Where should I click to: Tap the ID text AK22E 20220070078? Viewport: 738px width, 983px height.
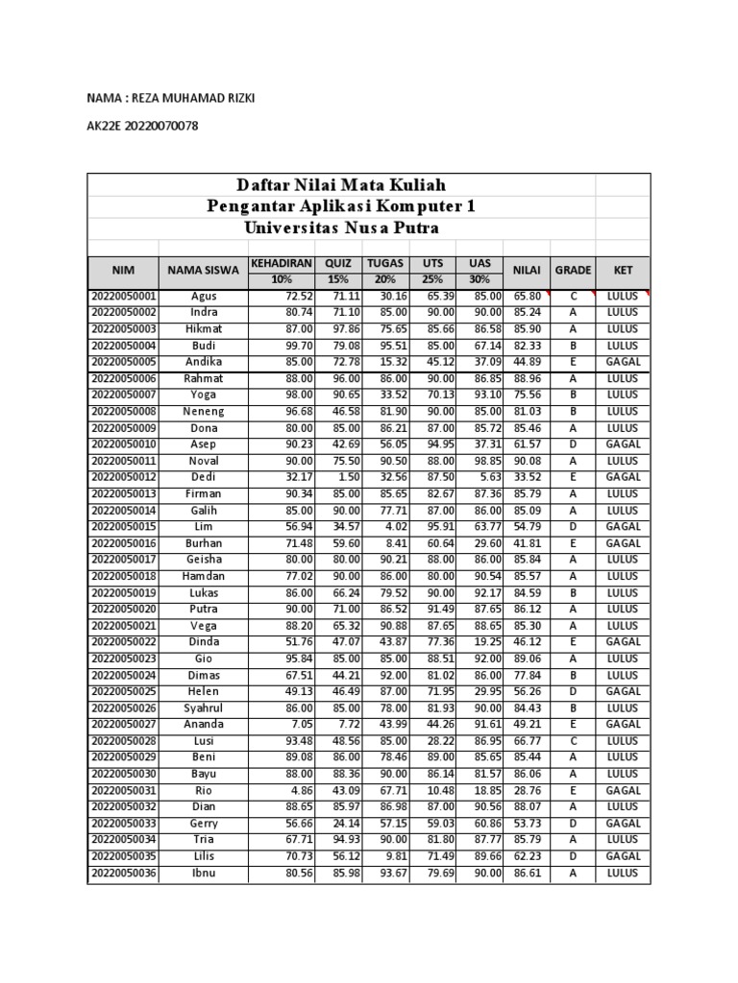(x=142, y=126)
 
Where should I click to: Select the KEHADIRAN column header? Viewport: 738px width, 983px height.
(x=281, y=263)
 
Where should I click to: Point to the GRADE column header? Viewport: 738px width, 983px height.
(x=574, y=271)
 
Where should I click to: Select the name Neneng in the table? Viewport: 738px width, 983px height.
(x=204, y=411)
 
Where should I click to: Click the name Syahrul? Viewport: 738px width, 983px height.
(x=204, y=707)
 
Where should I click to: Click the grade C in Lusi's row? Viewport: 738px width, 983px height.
(x=573, y=741)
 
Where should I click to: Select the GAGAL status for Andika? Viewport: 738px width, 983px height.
(x=623, y=362)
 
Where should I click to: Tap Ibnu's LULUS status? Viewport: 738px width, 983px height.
(x=623, y=873)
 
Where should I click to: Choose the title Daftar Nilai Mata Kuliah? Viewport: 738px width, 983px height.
(x=341, y=184)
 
